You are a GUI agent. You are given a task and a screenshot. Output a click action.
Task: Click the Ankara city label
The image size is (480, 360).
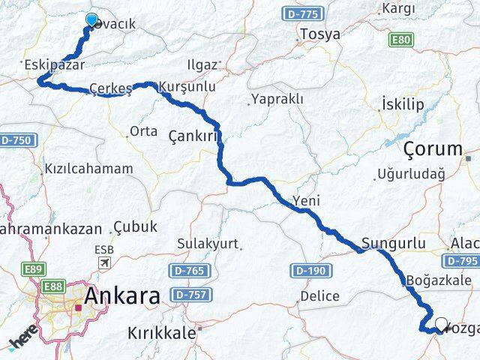(x=121, y=296)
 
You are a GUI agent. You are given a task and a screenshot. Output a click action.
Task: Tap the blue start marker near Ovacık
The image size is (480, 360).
(x=91, y=20)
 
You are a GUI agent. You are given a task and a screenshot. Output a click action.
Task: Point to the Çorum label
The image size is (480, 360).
(x=433, y=148)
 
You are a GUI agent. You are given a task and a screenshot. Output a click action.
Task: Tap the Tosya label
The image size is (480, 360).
(x=319, y=34)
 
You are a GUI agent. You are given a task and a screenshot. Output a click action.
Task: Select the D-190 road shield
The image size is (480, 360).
(x=305, y=269)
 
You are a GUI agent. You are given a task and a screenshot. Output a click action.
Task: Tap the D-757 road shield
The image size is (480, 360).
(x=188, y=294)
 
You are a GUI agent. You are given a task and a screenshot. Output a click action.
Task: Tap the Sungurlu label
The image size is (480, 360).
(x=393, y=243)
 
